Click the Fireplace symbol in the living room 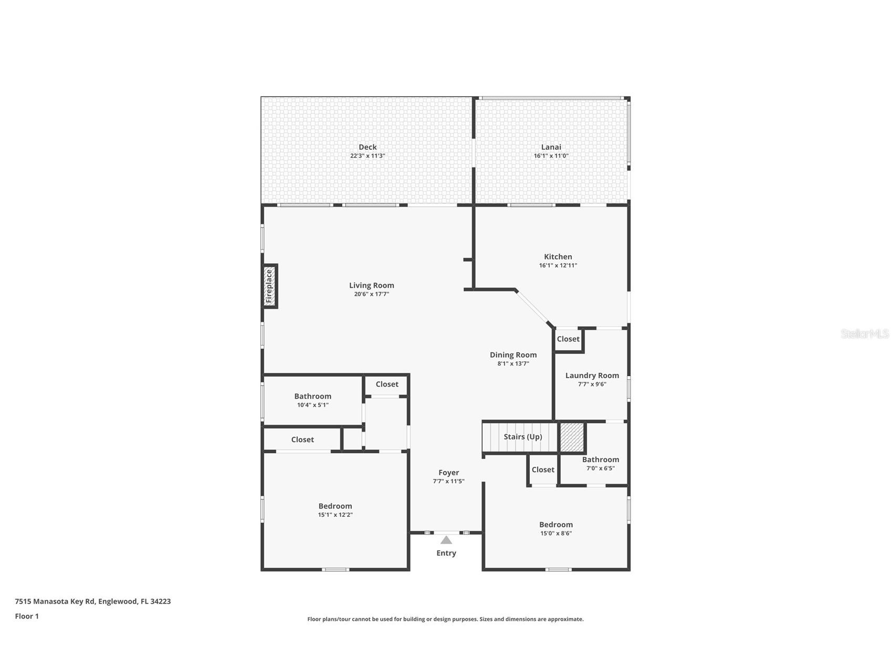point(269,286)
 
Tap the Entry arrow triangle point(446,540)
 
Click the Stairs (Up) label point(522,436)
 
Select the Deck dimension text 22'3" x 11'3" point(368,156)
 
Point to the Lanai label point(551,147)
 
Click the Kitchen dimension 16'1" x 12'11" point(558,266)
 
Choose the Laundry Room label point(592,375)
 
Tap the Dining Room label point(513,354)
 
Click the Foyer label point(448,472)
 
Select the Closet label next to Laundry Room point(568,339)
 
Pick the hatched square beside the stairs point(572,437)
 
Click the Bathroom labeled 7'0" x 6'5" point(600,459)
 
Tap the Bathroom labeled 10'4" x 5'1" point(312,396)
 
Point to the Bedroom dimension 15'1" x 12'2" point(335,515)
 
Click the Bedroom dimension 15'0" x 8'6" point(555,534)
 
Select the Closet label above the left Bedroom point(302,440)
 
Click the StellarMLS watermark point(864,333)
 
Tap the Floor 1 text point(27,616)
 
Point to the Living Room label point(371,285)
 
